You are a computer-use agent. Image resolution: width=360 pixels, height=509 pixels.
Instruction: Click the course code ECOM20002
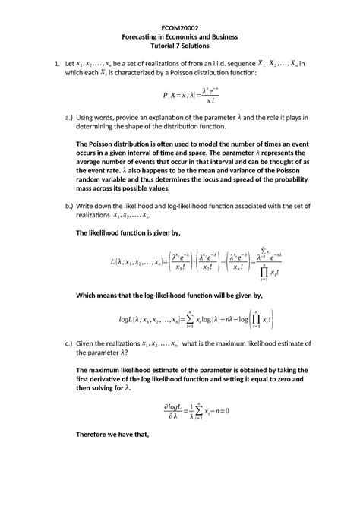[179, 24]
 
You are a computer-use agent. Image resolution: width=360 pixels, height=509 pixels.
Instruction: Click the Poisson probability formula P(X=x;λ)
[179, 95]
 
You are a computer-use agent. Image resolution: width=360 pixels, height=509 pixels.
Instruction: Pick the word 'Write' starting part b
[89, 206]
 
